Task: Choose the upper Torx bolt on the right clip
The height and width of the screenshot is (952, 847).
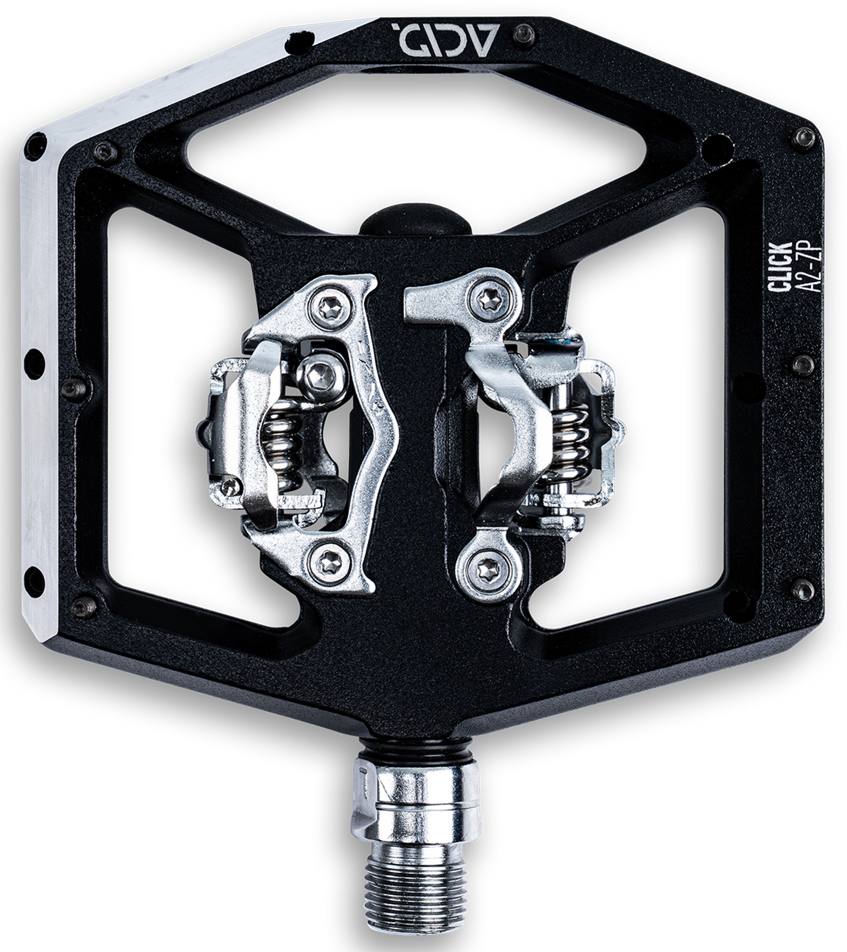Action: (x=490, y=298)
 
